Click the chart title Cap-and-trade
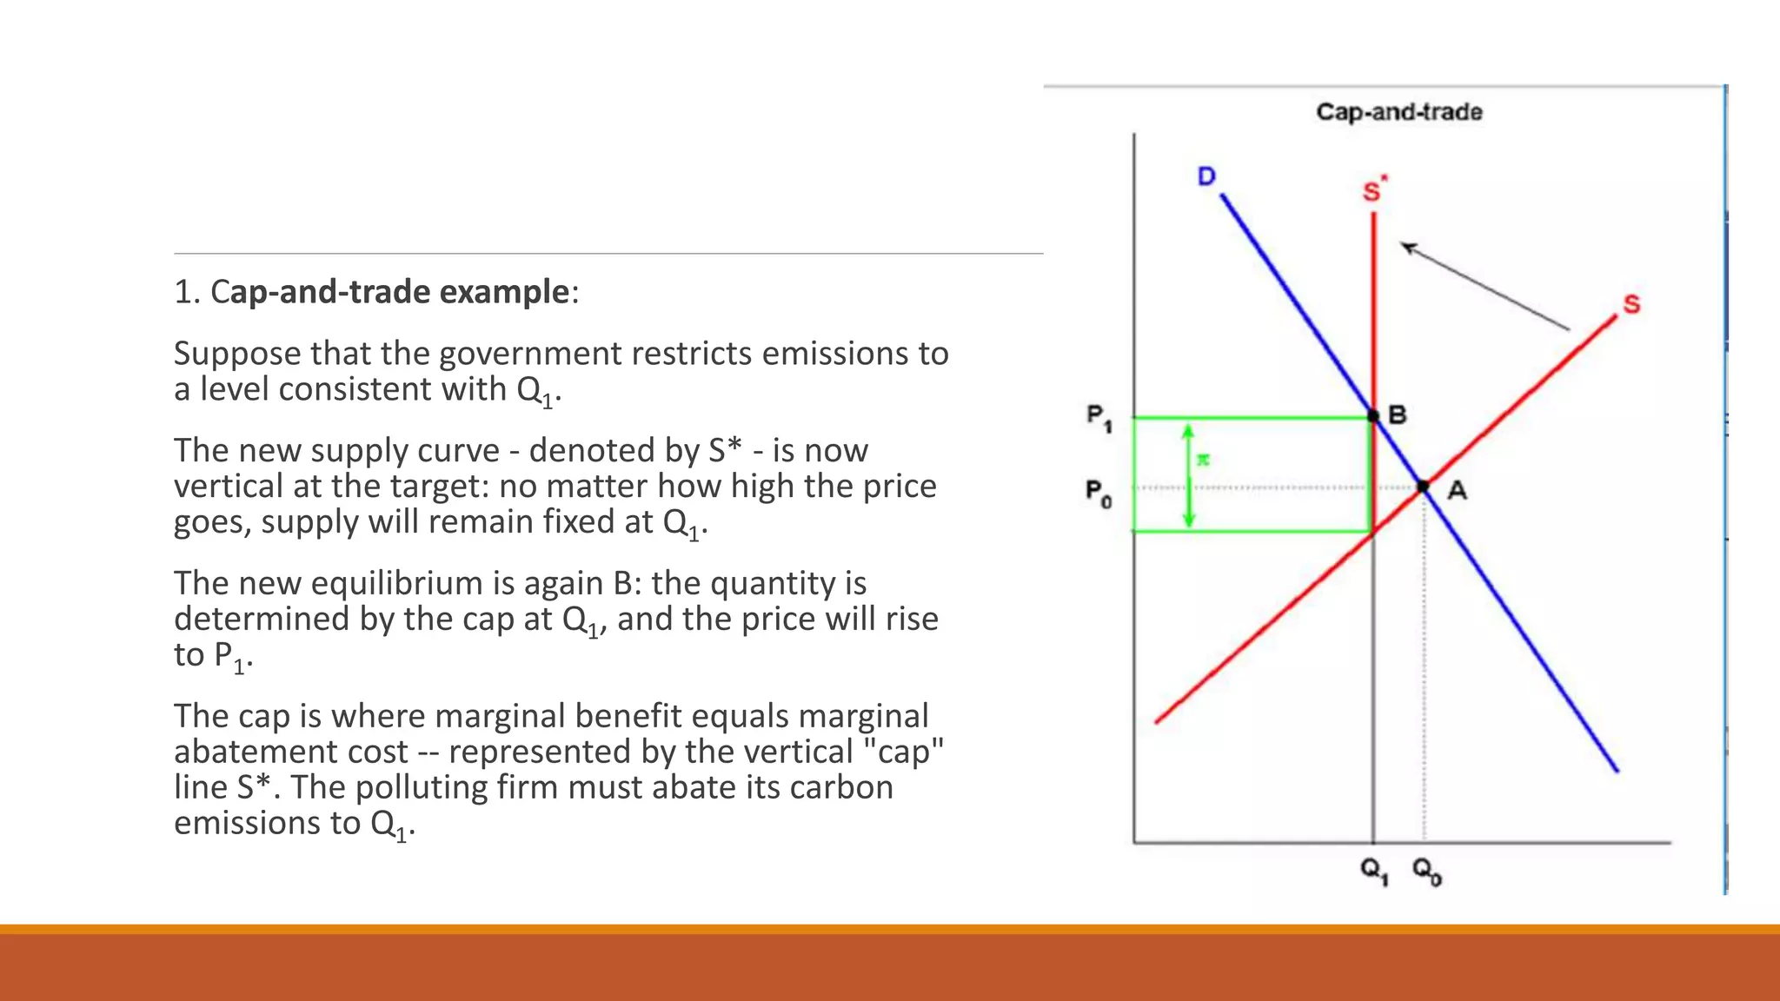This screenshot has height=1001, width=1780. (x=1398, y=112)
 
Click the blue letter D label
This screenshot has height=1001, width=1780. (x=1206, y=176)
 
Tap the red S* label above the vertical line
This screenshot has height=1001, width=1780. (x=1374, y=189)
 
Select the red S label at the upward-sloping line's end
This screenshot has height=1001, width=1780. (x=1631, y=304)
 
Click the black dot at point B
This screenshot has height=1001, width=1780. (x=1373, y=416)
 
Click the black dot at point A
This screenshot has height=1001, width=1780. (x=1423, y=487)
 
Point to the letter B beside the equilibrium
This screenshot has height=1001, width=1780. (x=1398, y=415)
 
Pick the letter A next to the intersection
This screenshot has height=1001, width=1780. (x=1458, y=491)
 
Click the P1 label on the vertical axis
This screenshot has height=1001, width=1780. (x=1099, y=417)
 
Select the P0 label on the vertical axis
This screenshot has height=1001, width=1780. (x=1099, y=494)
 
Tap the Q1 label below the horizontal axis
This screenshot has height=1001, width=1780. (x=1374, y=870)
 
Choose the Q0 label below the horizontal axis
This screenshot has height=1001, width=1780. (x=1426, y=870)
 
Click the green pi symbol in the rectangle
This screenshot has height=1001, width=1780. (x=1203, y=460)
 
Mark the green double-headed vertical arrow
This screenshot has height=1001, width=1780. (x=1189, y=476)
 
